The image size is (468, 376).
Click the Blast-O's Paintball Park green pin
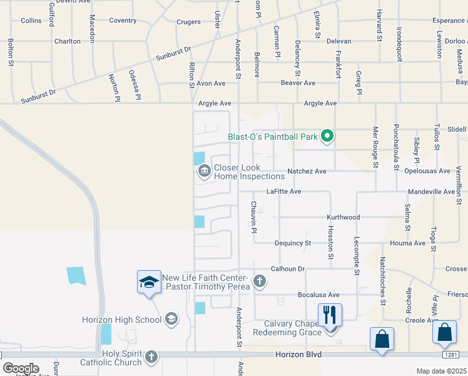[326, 135]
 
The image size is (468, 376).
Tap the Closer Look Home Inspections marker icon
[204, 171]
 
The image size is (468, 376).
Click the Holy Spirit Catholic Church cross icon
[150, 357]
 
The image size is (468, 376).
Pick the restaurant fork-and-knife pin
[330, 315]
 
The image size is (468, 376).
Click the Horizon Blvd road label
[298, 355]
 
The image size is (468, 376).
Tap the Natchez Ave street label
[307, 171]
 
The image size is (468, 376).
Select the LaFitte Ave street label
[284, 192]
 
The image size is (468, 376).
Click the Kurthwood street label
[343, 217]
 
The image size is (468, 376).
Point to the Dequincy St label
[293, 243]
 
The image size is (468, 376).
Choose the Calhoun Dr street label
[287, 269]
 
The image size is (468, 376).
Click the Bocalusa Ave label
[318, 295]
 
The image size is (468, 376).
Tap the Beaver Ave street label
[298, 83]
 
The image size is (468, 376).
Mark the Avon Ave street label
[211, 83]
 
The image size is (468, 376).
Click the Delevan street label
[339, 41]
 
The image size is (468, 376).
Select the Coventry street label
[123, 21]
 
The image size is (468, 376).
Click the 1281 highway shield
[451, 355]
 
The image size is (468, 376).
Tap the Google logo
[21, 368]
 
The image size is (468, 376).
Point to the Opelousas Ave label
[426, 171]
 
